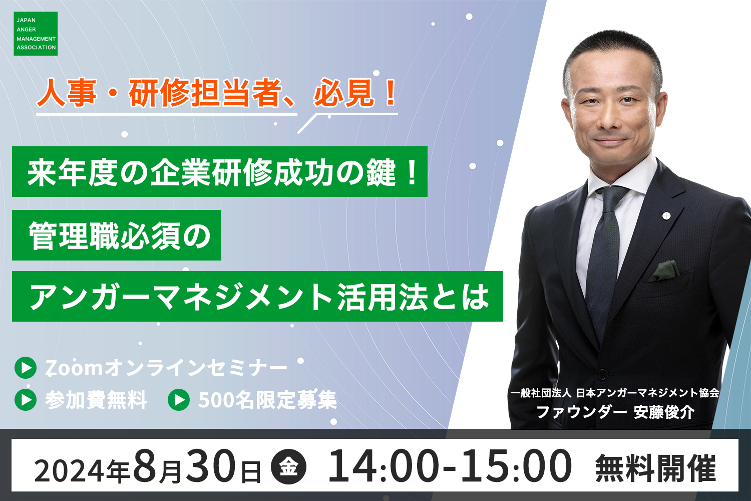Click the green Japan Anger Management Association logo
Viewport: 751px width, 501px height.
tap(36, 34)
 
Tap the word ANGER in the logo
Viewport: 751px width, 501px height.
tap(26, 30)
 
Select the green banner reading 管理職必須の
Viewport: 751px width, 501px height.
tap(117, 235)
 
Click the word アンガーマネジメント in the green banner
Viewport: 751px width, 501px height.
tap(182, 297)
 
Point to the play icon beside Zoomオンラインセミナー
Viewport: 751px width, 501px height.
tap(26, 368)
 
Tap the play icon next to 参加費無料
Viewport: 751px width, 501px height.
tap(26, 400)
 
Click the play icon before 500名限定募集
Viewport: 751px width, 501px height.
tap(179, 400)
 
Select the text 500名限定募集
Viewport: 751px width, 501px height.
tap(267, 400)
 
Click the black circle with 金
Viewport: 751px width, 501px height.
tap(288, 466)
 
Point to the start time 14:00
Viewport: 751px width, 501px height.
tap(384, 466)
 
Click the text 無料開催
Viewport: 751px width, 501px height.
tap(655, 468)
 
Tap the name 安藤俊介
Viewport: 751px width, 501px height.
tap(664, 412)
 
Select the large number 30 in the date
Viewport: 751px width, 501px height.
tap(211, 466)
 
